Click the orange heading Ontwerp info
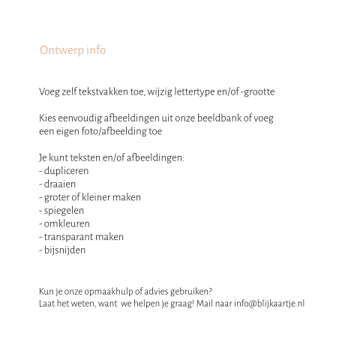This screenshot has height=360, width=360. [72, 50]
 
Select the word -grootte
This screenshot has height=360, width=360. [256, 91]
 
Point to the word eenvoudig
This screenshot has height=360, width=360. [79, 118]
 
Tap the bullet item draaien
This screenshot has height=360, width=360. [59, 184]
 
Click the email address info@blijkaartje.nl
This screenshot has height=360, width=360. [269, 304]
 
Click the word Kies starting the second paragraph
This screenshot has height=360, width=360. [46, 118]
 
